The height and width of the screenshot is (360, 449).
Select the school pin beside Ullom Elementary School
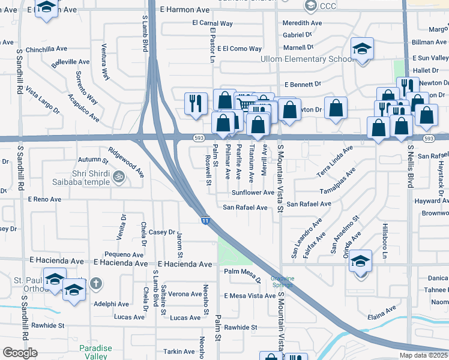point(362,50)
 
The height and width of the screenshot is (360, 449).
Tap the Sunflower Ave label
point(253,193)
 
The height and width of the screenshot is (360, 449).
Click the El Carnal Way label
point(212,23)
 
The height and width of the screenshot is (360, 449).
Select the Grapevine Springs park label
point(282,282)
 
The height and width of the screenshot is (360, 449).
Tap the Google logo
point(20,353)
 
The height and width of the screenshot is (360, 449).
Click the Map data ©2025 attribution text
point(424,355)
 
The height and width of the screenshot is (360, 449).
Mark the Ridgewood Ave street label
point(126,162)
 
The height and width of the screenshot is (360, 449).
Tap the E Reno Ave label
point(44,199)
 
